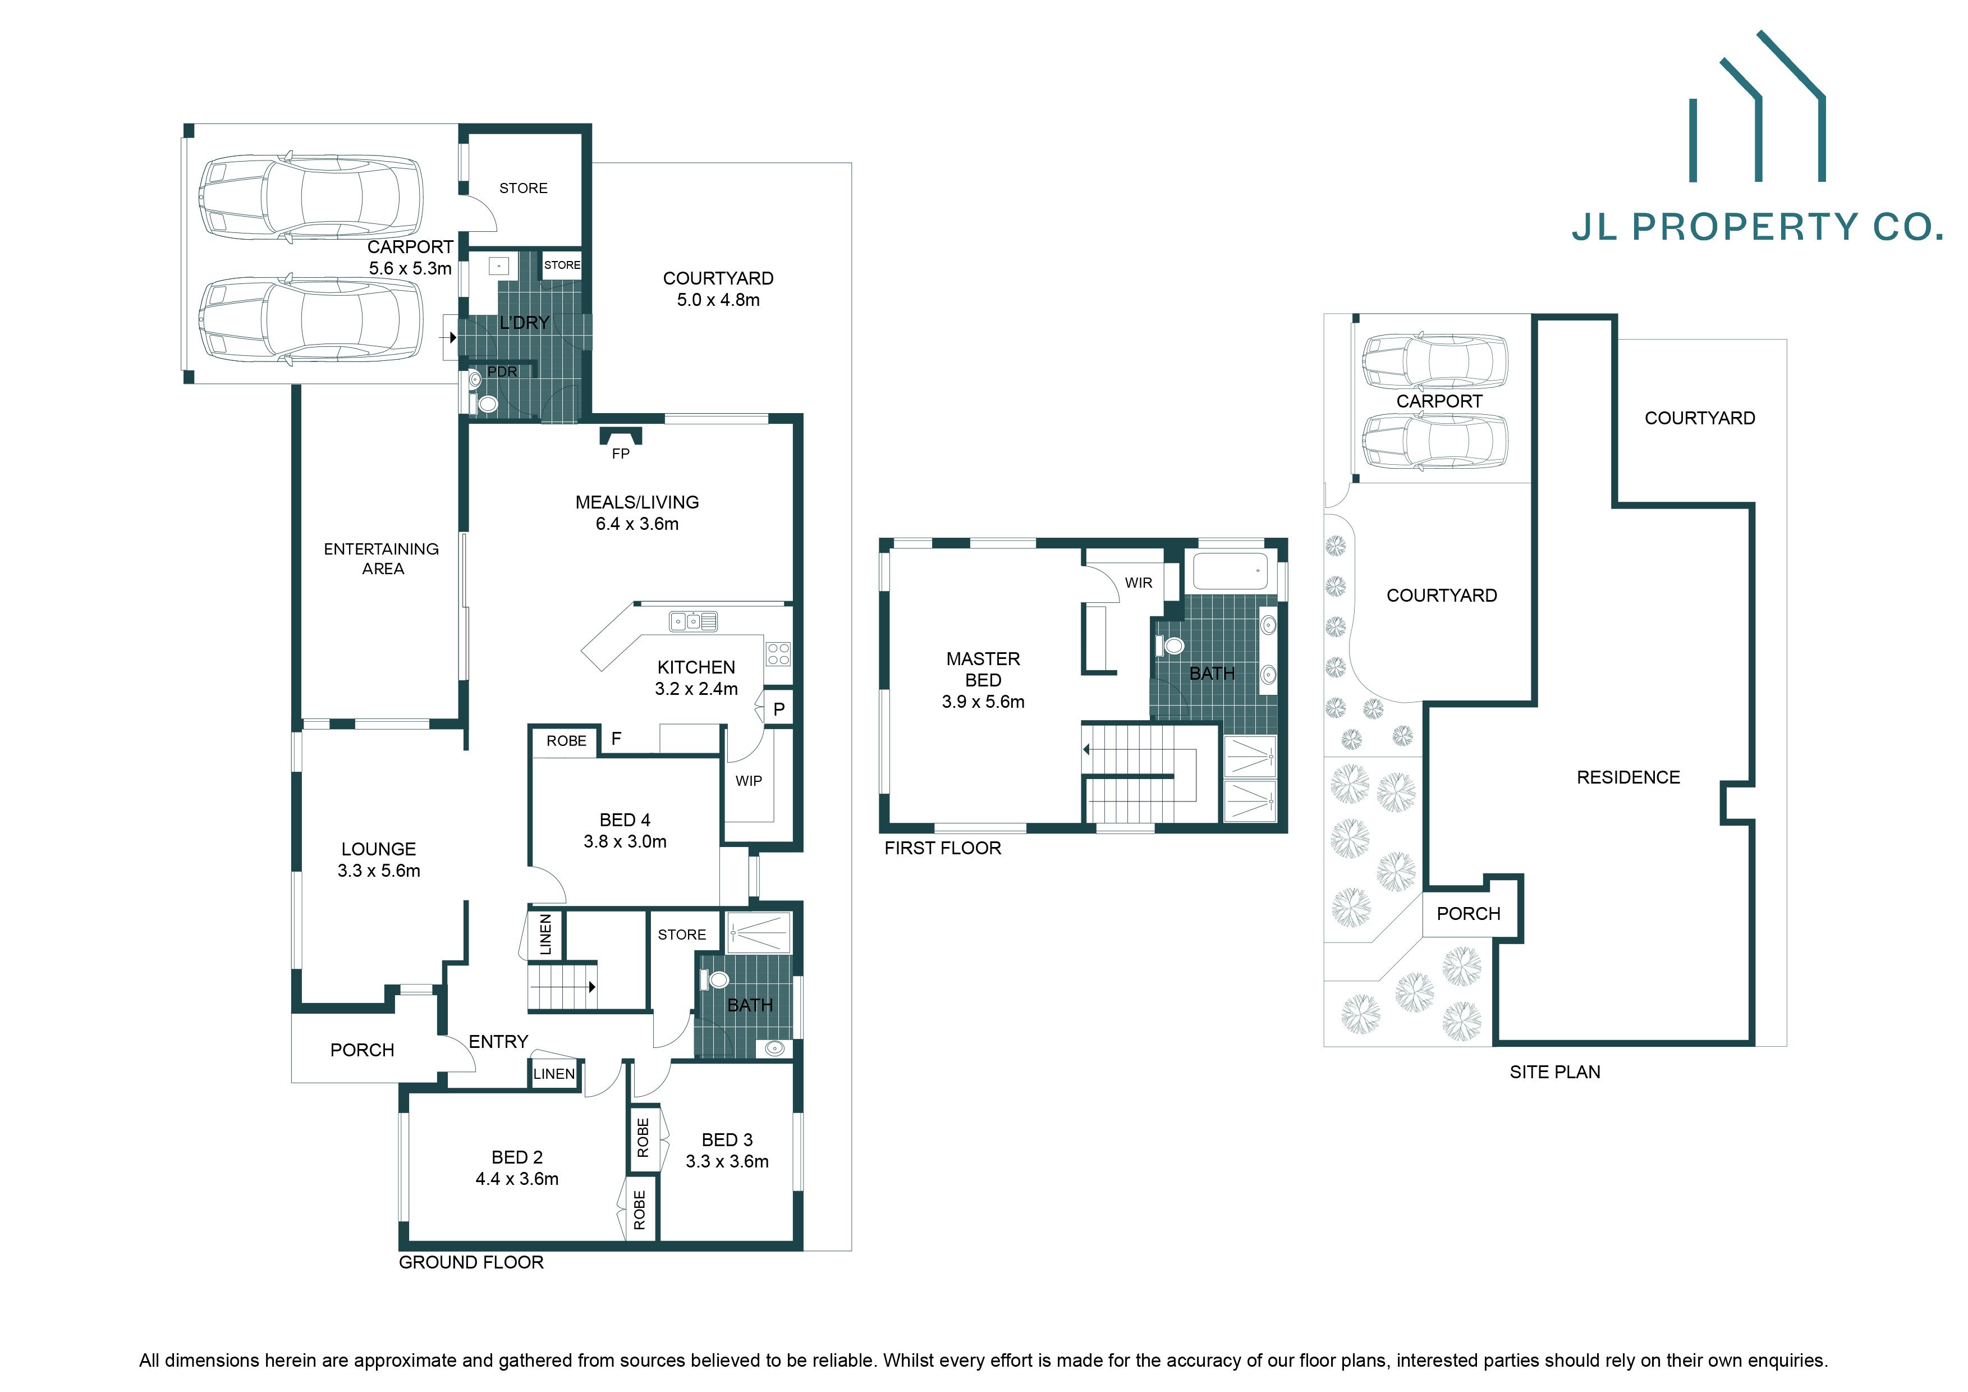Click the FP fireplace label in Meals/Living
coord(621,454)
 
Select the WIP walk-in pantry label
coord(748,781)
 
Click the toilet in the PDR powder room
coord(487,404)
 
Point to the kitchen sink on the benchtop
coord(694,621)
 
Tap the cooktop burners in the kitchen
coord(778,654)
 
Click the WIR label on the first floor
coord(1138,583)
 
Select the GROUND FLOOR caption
coord(471,1262)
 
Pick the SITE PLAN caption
coord(1555,1072)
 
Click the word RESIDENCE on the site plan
coord(1628,777)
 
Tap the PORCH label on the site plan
coord(1469,914)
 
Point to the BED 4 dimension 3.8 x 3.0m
coord(625,842)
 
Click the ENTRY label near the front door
coord(498,1041)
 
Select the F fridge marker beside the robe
coord(616,738)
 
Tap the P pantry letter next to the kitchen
coord(778,709)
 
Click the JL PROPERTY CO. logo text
coord(1757,227)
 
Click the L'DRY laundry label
coord(524,322)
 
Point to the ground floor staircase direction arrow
coord(591,987)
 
